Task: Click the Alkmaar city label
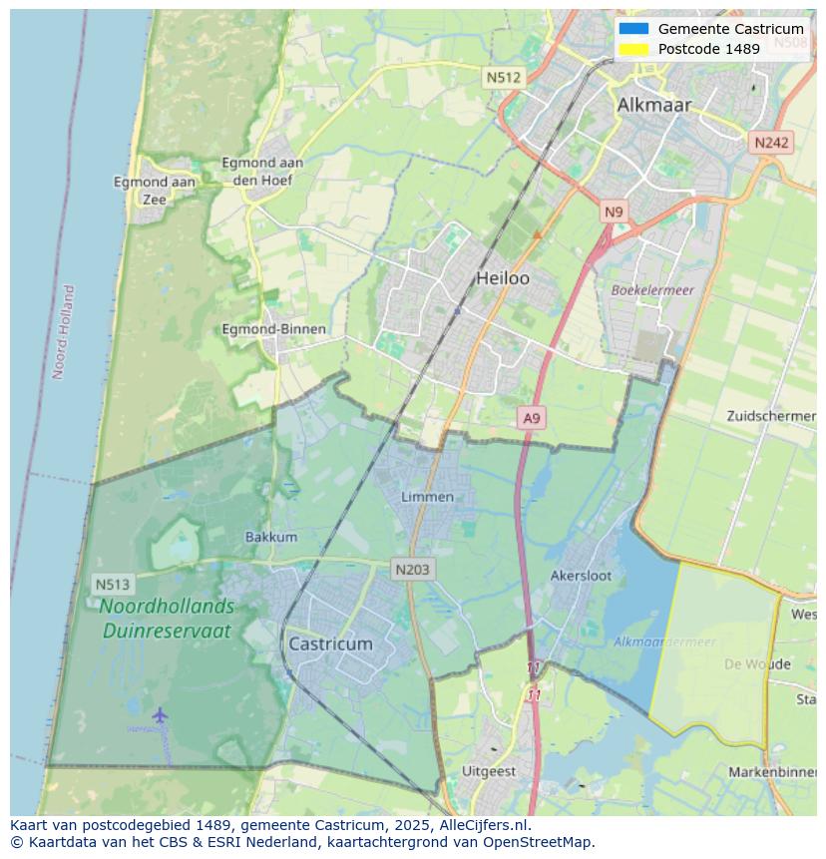[654, 105]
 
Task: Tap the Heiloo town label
[503, 278]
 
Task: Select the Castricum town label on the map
[330, 644]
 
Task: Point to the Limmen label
[427, 496]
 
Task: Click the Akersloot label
[581, 576]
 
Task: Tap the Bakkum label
[271, 537]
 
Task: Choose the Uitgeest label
[489, 771]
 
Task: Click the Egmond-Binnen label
[273, 329]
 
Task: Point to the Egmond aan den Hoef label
[262, 171]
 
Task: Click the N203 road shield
[411, 570]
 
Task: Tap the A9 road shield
[532, 418]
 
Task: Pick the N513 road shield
[113, 584]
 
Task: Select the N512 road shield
[504, 77]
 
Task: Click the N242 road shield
[771, 143]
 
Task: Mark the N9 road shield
[614, 212]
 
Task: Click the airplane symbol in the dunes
[160, 714]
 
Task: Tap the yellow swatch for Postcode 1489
[633, 49]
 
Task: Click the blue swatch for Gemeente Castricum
[633, 29]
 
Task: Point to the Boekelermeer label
[652, 289]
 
